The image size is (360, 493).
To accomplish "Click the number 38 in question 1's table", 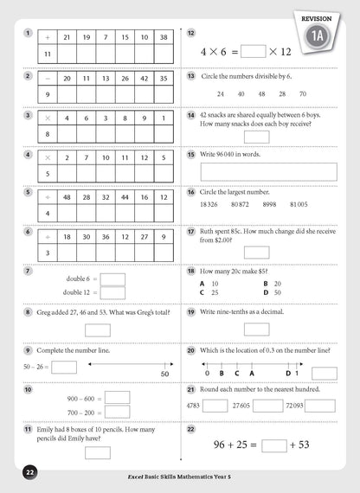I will click(164, 37).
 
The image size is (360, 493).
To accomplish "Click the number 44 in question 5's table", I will click(125, 196).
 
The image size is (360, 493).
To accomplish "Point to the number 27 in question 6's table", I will click(145, 235).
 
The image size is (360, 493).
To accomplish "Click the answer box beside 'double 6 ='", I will click(113, 279).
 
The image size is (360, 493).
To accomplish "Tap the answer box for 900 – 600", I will click(117, 398).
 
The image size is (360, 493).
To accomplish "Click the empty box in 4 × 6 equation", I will click(254, 51).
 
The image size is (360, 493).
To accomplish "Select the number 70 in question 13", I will click(303, 93).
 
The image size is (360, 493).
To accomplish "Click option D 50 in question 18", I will click(273, 293).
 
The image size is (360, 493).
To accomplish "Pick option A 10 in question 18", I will click(209, 284).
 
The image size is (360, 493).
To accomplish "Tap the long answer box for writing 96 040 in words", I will click(268, 171).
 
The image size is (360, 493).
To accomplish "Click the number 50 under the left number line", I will click(164, 374).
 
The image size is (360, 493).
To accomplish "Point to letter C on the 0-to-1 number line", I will click(236, 374).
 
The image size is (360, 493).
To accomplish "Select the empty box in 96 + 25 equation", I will click(273, 445).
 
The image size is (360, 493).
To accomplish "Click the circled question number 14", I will click(191, 115).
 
